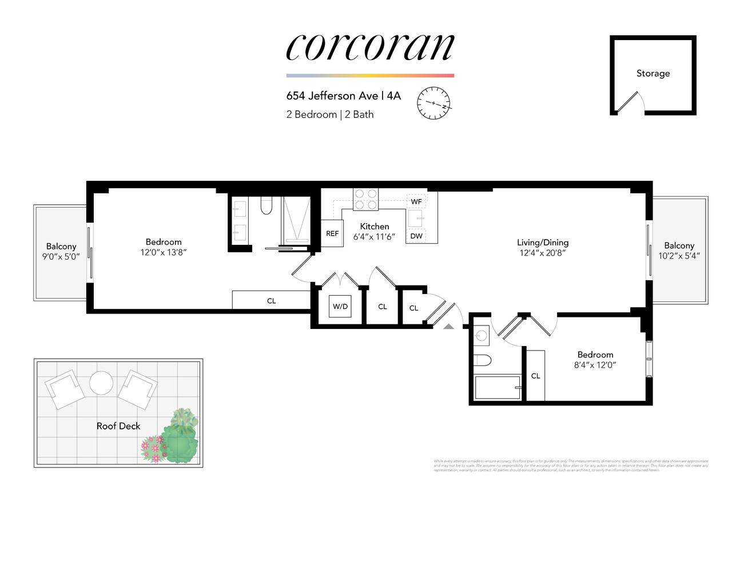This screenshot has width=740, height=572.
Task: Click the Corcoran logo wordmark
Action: click(x=370, y=47)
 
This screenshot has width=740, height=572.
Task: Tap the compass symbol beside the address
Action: click(x=433, y=103)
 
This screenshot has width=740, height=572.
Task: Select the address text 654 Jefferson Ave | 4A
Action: click(x=343, y=96)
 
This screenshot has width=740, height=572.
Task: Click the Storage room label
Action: click(x=653, y=73)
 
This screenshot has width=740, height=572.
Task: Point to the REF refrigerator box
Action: click(x=332, y=233)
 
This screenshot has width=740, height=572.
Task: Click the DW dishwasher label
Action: click(x=416, y=236)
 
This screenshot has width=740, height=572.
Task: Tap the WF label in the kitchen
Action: click(x=416, y=201)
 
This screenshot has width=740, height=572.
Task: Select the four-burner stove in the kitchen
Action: click(x=365, y=199)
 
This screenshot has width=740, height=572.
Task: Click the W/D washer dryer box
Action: click(x=340, y=307)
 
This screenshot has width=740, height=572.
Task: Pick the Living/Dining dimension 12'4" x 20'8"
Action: click(x=542, y=253)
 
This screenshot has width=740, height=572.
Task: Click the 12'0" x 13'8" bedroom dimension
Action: click(x=164, y=252)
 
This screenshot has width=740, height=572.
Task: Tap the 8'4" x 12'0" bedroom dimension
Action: click(x=595, y=365)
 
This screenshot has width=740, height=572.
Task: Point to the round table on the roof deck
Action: click(x=101, y=383)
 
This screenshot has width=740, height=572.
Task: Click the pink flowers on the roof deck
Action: click(x=153, y=448)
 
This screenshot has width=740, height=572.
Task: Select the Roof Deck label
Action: click(x=118, y=426)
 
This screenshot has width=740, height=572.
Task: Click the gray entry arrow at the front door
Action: click(x=449, y=326)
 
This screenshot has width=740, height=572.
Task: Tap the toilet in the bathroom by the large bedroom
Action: click(x=266, y=205)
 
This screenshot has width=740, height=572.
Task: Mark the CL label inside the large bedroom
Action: click(x=272, y=301)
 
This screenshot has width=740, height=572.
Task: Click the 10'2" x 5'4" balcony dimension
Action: click(x=679, y=256)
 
